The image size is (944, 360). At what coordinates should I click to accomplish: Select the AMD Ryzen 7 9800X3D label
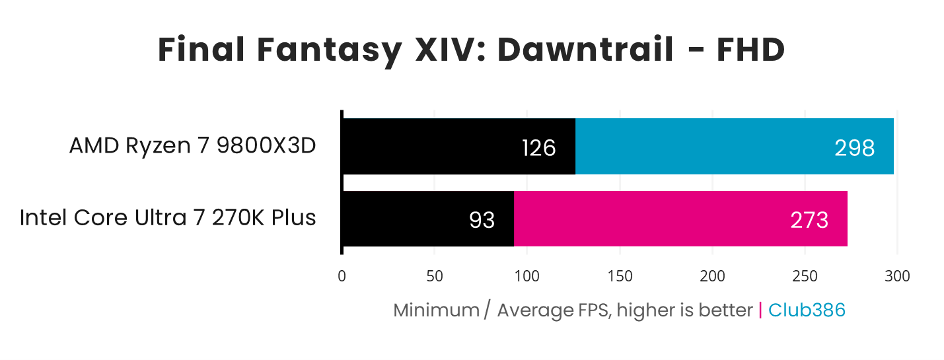pyautogui.click(x=192, y=146)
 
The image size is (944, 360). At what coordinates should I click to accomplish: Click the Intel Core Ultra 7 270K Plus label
pyautogui.click(x=168, y=217)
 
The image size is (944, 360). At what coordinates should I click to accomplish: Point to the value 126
pyautogui.click(x=538, y=148)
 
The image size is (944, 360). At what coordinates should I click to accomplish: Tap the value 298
pyautogui.click(x=854, y=148)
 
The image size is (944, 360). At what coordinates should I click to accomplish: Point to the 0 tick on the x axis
pyautogui.click(x=342, y=276)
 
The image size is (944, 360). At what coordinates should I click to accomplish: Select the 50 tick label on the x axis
pyautogui.click(x=434, y=276)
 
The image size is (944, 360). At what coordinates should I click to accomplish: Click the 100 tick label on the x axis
pyautogui.click(x=526, y=276)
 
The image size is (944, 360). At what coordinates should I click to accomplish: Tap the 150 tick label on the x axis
pyautogui.click(x=620, y=276)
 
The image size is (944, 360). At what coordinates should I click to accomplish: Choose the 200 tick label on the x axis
pyautogui.click(x=712, y=276)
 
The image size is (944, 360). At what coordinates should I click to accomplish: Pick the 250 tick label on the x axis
pyautogui.click(x=805, y=276)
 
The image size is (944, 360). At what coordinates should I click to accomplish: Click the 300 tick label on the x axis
pyautogui.click(x=897, y=276)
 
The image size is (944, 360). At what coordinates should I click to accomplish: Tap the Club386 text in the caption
pyautogui.click(x=807, y=310)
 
